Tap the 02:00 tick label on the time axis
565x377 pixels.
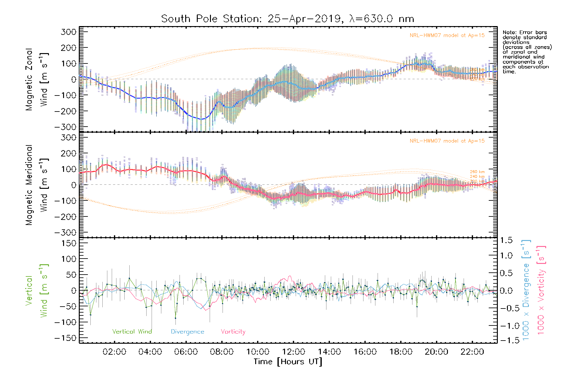pyautogui.click(x=114, y=352)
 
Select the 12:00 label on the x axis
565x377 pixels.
pyautogui.click(x=293, y=352)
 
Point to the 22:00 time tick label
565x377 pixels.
pyautogui.click(x=472, y=352)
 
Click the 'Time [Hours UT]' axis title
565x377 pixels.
pyautogui.click(x=288, y=362)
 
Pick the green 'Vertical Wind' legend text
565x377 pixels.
pyautogui.click(x=132, y=332)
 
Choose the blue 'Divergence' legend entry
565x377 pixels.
pyautogui.click(x=187, y=332)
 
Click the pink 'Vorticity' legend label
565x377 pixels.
pyautogui.click(x=233, y=332)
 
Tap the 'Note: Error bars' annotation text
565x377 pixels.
pyautogui.click(x=525, y=32)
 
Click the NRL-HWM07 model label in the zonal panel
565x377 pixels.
pyautogui.click(x=447, y=36)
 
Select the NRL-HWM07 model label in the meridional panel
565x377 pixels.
pyautogui.click(x=447, y=141)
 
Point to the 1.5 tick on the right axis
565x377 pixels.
pyautogui.click(x=506, y=240)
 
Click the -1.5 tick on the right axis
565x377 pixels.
pyautogui.click(x=506, y=340)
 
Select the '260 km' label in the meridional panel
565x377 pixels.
pyautogui.click(x=477, y=172)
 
